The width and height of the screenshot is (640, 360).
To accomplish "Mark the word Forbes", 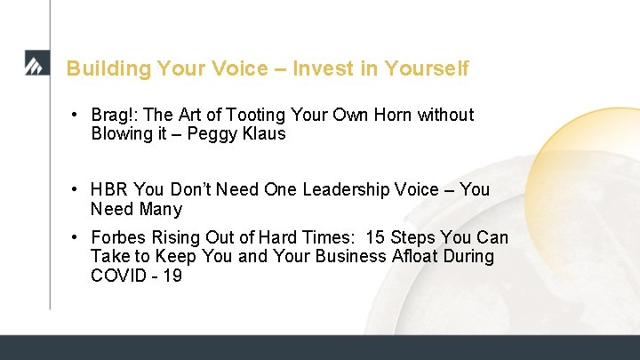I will tap(118, 237).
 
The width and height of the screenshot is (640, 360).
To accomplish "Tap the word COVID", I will tap(118, 276).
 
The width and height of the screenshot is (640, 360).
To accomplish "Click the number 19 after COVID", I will tap(172, 276).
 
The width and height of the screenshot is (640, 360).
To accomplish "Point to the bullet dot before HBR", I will tap(78, 190).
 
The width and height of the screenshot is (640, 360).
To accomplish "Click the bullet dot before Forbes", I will tap(78, 237).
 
